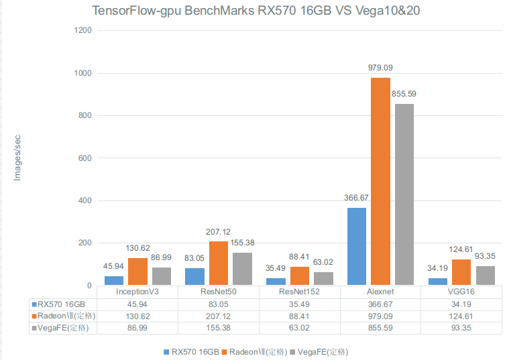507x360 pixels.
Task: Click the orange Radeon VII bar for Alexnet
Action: tap(380, 182)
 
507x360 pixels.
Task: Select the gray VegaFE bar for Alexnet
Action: tap(404, 194)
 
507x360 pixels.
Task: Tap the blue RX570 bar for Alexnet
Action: tap(357, 247)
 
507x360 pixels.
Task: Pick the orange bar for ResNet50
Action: tap(219, 263)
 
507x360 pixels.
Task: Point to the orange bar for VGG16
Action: tap(461, 272)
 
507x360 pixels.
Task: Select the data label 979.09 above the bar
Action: tap(380, 68)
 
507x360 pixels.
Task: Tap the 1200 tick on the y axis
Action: tap(84, 31)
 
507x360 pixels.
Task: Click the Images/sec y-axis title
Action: tap(18, 158)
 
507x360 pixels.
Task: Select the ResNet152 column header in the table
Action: tap(300, 292)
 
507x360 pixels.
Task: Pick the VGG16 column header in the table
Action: tap(461, 292)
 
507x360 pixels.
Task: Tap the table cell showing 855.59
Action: tap(380, 328)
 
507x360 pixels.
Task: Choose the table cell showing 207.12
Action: tap(219, 316)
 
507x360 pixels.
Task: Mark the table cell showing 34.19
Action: tap(461, 303)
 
